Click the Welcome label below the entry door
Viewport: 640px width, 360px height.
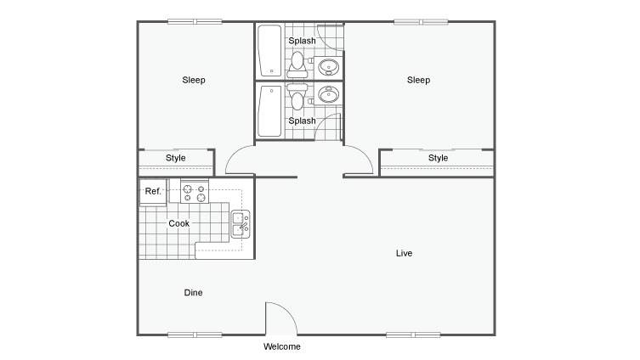[281, 346]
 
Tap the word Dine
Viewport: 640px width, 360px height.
[193, 292]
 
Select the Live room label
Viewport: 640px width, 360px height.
[404, 253]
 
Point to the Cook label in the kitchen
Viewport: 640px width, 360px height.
[178, 223]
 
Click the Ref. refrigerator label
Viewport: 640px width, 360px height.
[153, 191]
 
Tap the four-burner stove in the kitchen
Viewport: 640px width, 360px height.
[195, 192]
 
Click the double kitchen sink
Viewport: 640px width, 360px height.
[241, 224]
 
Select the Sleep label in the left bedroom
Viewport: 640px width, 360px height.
[194, 80]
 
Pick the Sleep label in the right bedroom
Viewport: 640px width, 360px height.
[418, 80]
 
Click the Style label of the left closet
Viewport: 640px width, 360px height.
[175, 158]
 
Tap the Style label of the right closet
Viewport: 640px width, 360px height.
[438, 158]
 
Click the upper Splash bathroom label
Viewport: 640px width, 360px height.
[302, 41]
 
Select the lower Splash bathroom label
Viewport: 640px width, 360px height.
[302, 121]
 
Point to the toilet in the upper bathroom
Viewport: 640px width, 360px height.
[297, 65]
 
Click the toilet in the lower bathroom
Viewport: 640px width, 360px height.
[297, 97]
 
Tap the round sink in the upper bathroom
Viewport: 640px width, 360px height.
[328, 67]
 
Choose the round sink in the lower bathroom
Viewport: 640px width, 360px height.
[328, 94]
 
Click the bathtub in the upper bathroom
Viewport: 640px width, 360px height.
[269, 51]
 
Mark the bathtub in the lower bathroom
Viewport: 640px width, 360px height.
[269, 111]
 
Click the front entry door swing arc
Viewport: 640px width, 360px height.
[288, 311]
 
